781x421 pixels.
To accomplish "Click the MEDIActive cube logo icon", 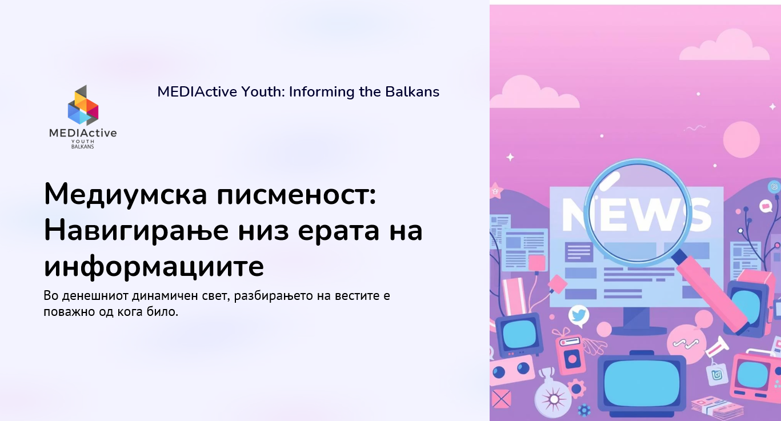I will [83, 106].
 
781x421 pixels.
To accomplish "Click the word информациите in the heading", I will [154, 266].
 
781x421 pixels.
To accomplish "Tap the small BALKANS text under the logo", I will [82, 146].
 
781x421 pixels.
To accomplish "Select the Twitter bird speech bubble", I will [579, 315].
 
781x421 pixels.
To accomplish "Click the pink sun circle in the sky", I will [741, 139].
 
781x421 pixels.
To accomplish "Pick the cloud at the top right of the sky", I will [724, 46].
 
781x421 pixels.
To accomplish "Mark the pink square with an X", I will [500, 398].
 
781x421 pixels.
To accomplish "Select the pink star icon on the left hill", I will [495, 190].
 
